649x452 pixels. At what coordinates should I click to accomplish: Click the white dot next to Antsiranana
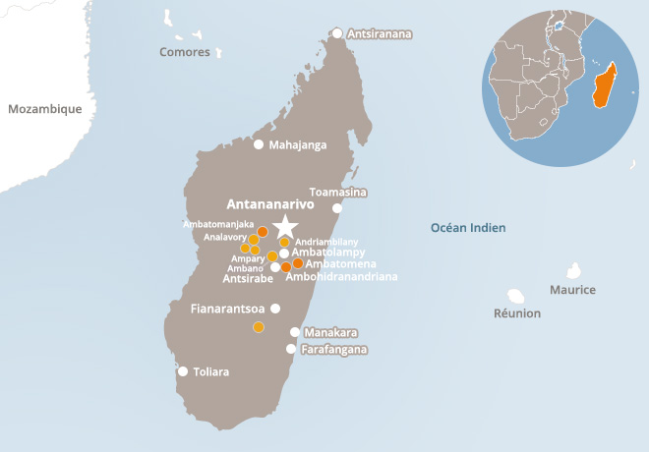pos(337,33)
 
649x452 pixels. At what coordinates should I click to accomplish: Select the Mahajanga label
pos(297,144)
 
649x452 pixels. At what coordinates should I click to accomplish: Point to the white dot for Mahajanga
pos(259,144)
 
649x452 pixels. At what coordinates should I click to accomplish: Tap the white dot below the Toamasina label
pos(337,208)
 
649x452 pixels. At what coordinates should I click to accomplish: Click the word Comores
pos(185,52)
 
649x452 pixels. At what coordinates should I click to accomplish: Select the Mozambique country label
pos(44,109)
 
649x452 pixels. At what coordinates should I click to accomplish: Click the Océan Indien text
pos(468,228)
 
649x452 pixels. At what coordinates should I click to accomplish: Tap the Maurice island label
pos(572,290)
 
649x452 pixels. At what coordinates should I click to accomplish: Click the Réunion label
pos(517,313)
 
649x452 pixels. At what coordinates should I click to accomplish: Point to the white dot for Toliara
pos(183,371)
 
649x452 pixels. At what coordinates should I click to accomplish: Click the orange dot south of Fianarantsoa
pos(259,327)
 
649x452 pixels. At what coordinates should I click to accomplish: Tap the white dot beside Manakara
pos(294,332)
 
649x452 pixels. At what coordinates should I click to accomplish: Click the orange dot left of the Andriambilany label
pos(284,242)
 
